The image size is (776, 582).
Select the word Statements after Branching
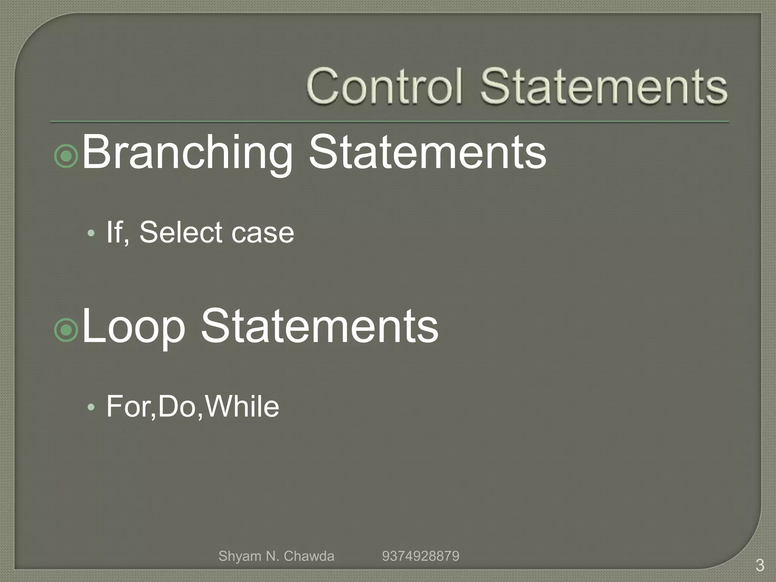(x=427, y=153)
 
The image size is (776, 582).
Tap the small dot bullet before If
(x=91, y=233)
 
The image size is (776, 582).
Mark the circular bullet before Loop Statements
(x=66, y=330)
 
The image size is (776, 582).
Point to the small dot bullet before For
(x=91, y=408)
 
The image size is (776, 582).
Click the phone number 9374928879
(x=421, y=556)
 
